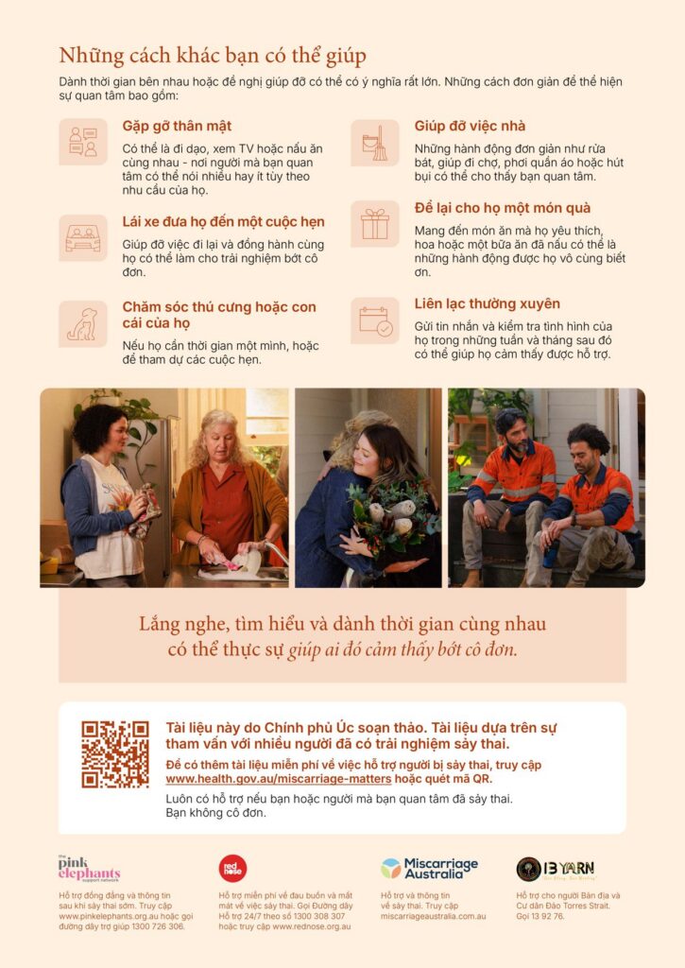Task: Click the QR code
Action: click(x=115, y=753)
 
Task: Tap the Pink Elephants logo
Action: click(x=89, y=869)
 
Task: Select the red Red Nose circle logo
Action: click(x=232, y=869)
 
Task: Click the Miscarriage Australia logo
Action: click(x=430, y=869)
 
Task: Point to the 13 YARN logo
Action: click(x=556, y=870)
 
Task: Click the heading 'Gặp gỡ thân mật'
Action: click(x=177, y=126)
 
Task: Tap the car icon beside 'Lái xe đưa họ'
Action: click(x=83, y=238)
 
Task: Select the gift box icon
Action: click(x=374, y=224)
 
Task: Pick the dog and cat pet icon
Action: click(x=83, y=324)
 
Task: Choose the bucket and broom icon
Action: click(x=374, y=144)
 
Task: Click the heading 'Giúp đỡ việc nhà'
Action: click(x=470, y=126)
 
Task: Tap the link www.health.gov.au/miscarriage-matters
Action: click(x=279, y=779)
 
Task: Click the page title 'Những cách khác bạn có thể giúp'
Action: click(x=213, y=56)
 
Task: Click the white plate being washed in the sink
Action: click(x=248, y=561)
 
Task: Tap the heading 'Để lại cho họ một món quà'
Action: click(x=503, y=208)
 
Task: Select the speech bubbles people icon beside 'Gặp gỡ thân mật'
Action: click(x=83, y=142)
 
